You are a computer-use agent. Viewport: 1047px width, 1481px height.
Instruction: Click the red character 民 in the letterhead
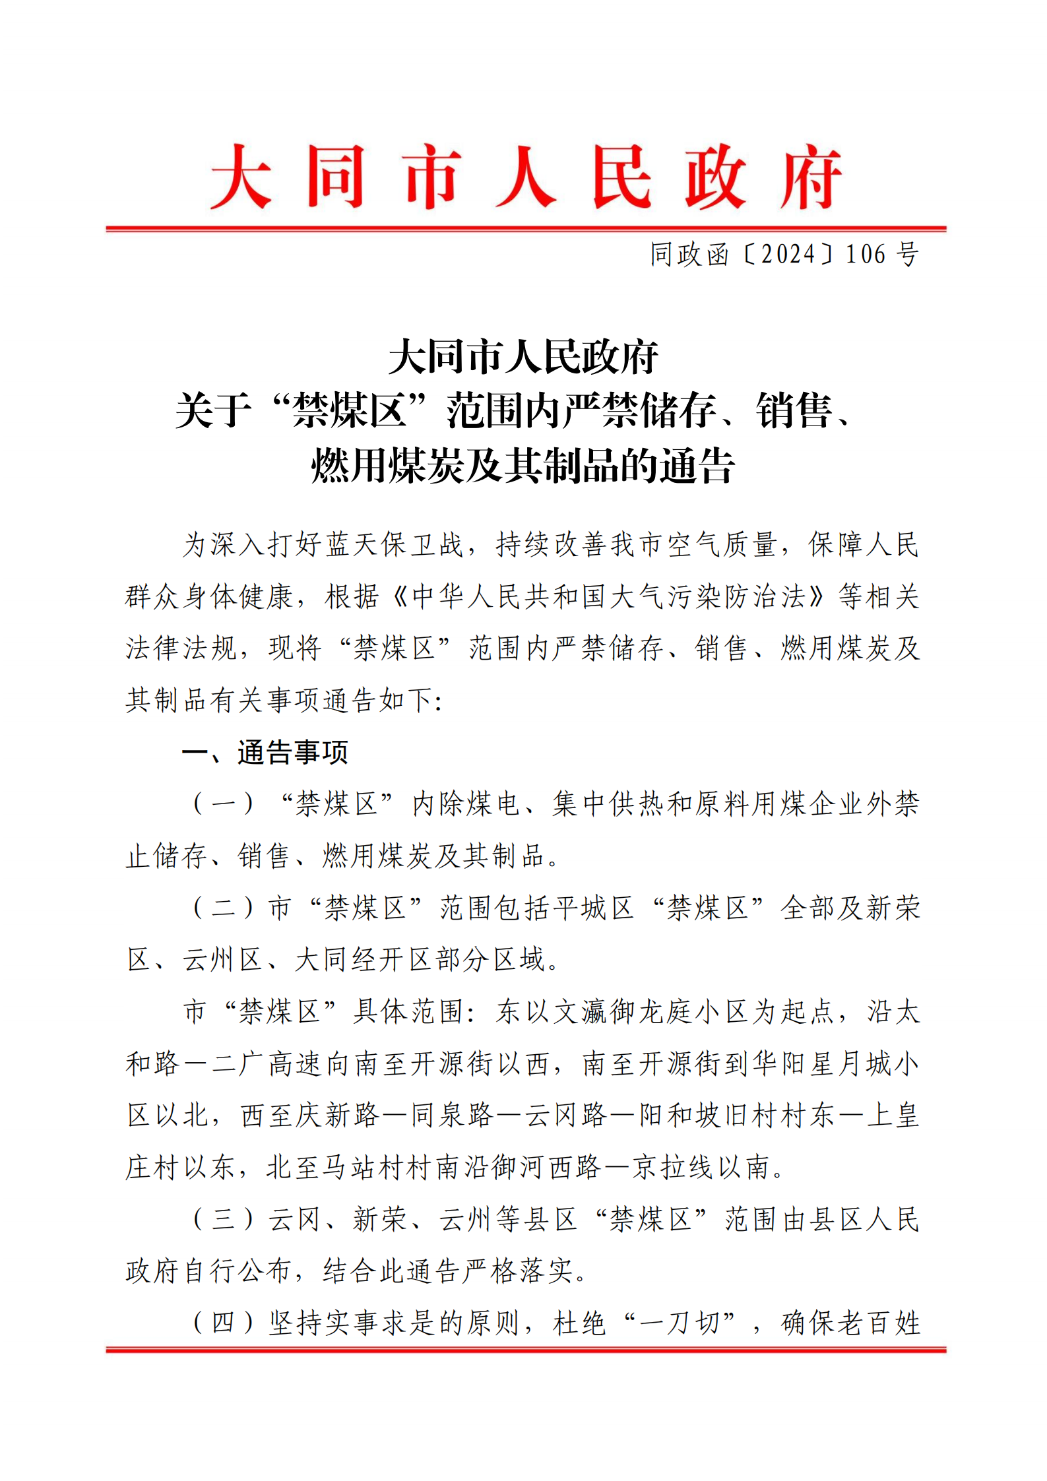(621, 177)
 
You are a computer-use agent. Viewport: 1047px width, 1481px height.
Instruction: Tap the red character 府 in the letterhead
(810, 177)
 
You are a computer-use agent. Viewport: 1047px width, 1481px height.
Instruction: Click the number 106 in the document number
(865, 254)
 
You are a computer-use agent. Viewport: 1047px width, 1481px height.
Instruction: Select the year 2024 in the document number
(788, 254)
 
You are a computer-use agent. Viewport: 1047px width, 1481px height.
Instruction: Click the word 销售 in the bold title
(794, 410)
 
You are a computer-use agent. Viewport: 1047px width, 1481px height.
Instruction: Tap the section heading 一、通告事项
(265, 752)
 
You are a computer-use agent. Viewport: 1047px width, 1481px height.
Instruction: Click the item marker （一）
(223, 804)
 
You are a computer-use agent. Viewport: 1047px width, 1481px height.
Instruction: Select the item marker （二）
(223, 908)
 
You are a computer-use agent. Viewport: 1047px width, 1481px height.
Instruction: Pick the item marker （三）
(223, 1219)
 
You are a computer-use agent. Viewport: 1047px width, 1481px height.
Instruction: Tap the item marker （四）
(223, 1323)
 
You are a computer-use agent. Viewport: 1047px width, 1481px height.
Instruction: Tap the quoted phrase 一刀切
(679, 1323)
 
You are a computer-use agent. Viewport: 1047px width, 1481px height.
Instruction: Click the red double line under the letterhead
(526, 229)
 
